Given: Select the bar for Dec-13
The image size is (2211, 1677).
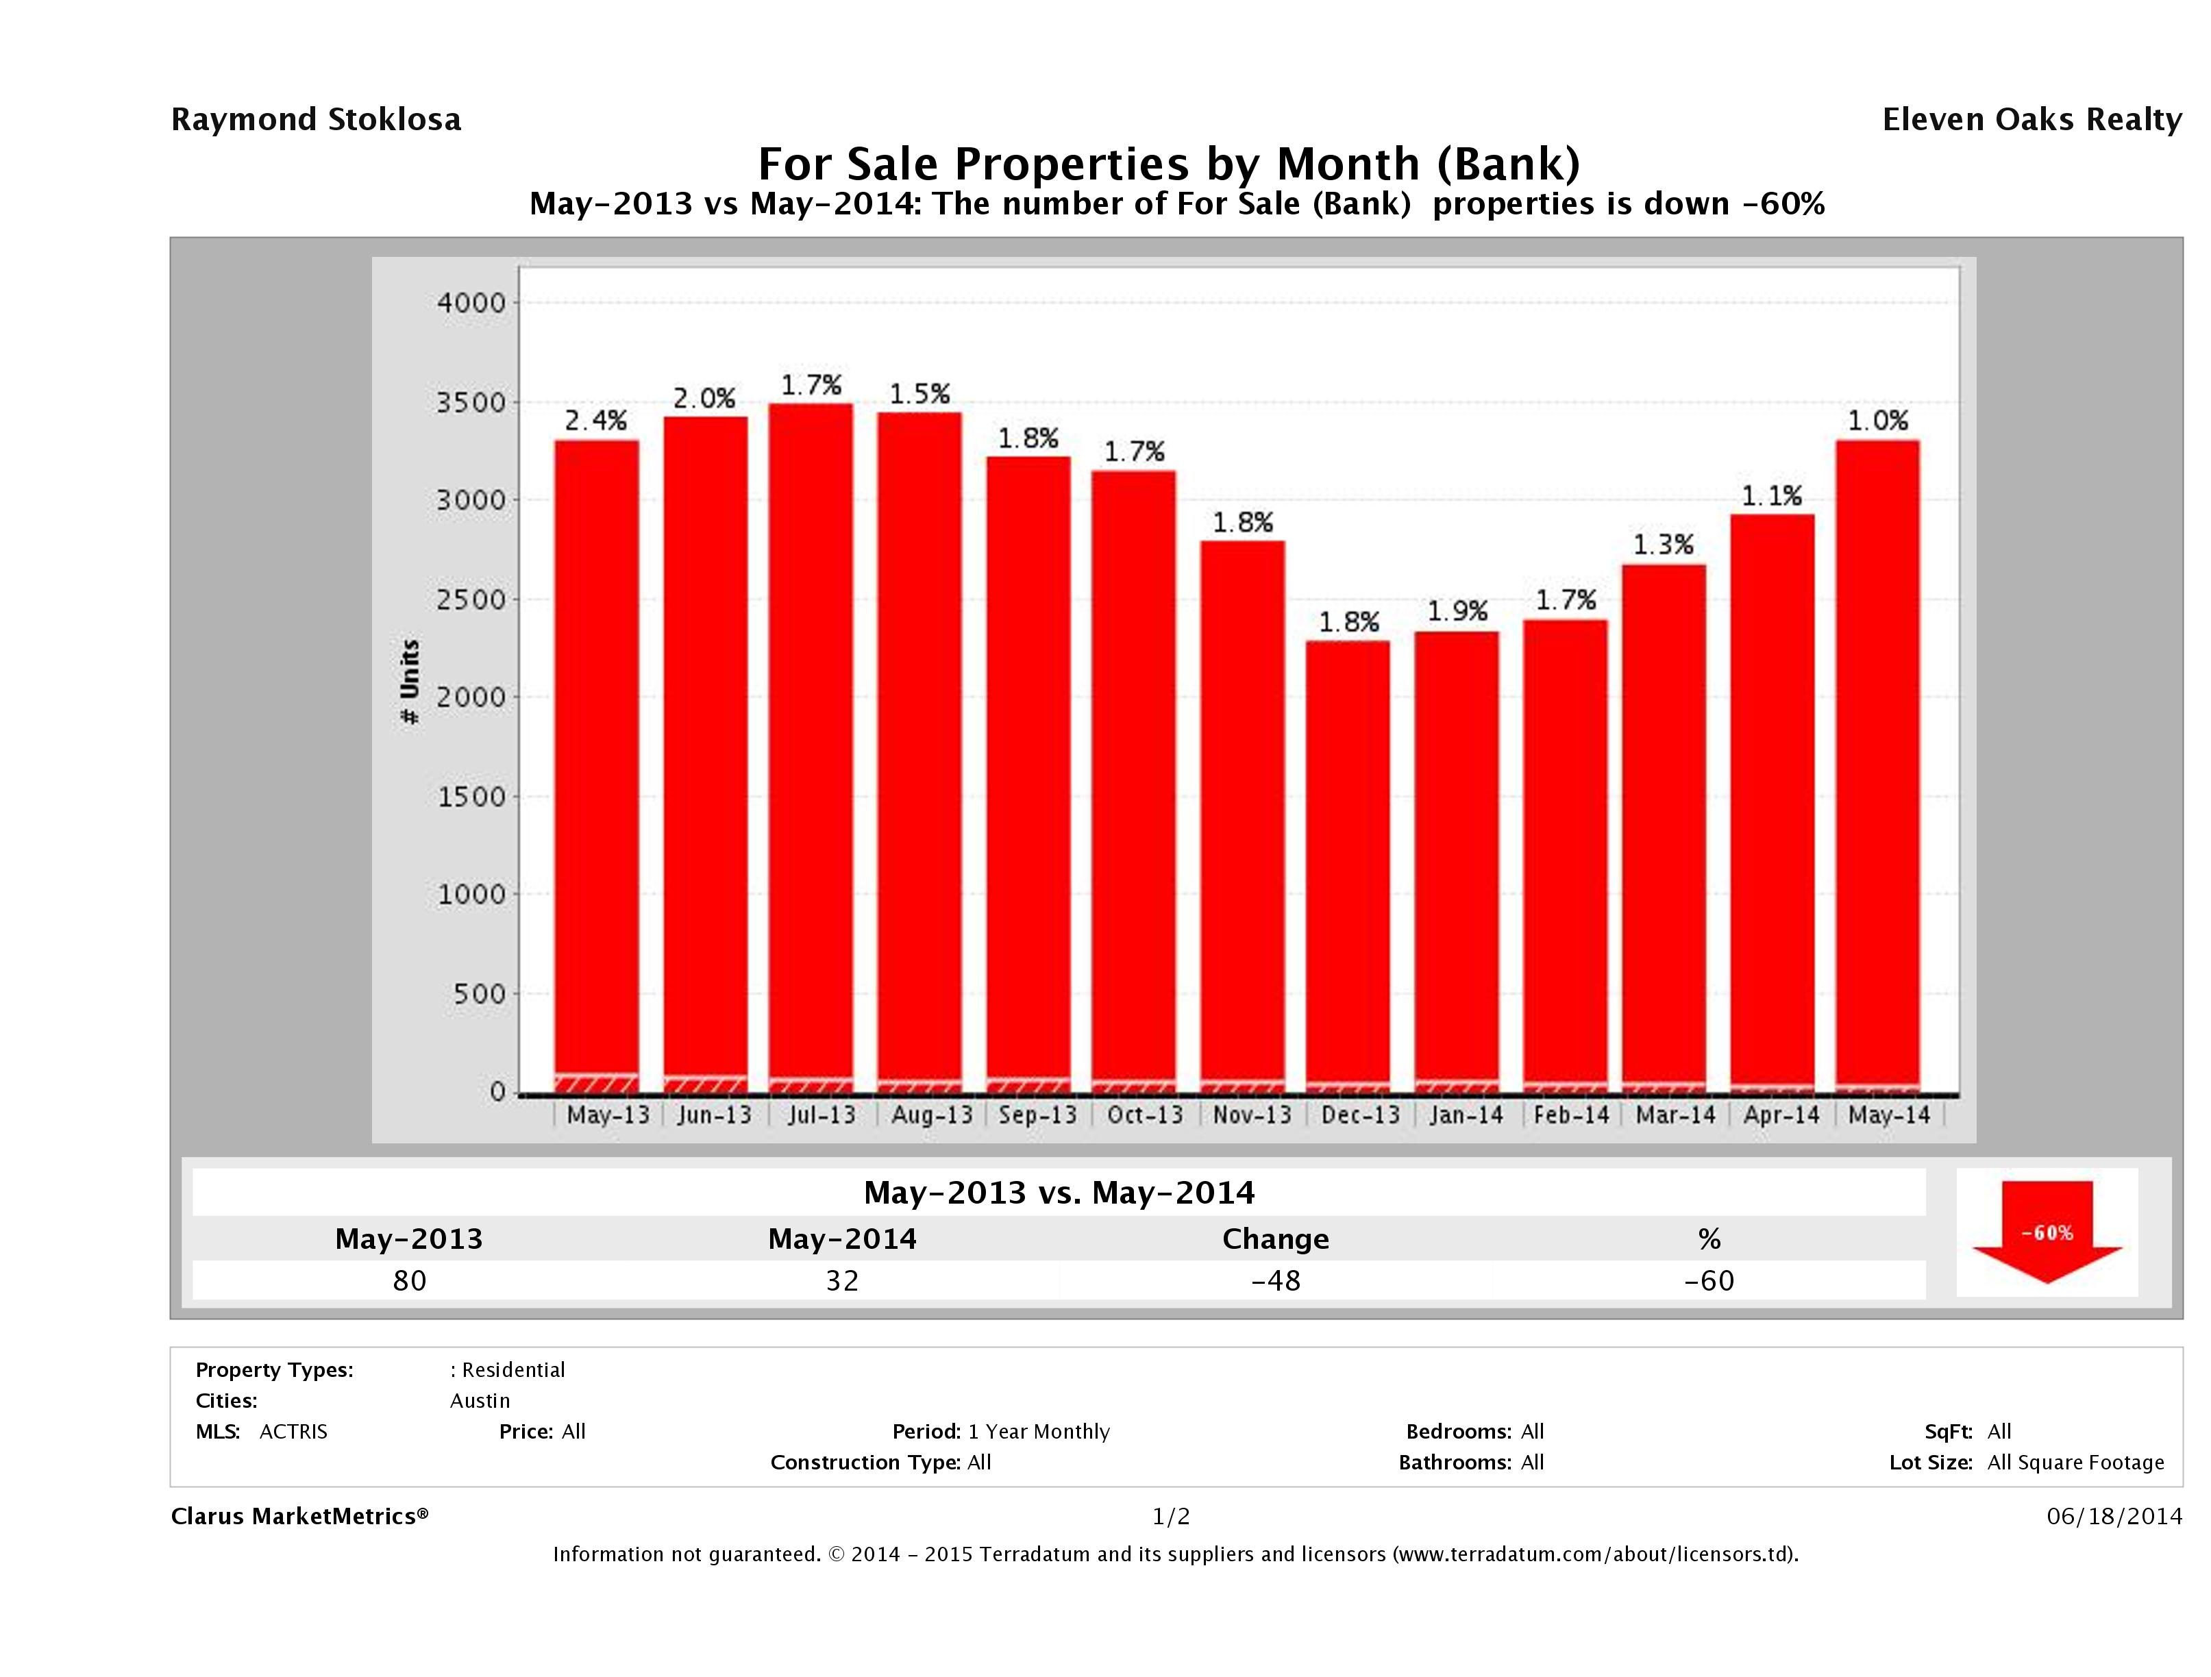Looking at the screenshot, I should coord(1348,865).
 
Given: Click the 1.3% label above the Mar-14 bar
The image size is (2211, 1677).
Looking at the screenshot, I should coord(1664,545).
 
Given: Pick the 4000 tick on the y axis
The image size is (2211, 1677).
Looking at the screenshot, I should coord(472,303).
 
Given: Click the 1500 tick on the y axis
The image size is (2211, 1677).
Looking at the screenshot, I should coord(472,797).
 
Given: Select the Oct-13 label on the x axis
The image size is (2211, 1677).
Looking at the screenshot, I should coord(1144,1115).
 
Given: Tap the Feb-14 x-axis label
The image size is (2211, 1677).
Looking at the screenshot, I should coord(1571,1115).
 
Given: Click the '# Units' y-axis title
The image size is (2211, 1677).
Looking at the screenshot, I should coord(410,682).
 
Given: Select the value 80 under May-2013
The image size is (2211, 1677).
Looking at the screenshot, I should coord(410,1280).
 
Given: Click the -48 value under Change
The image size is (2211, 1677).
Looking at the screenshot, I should coord(1276,1280).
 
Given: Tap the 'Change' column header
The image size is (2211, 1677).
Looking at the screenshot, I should coord(1276,1239).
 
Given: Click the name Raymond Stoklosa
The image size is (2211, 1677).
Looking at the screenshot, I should coord(316,120).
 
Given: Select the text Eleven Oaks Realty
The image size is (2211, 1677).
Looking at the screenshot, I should coord(2031,120).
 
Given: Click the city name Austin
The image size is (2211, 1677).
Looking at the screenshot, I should coord(480,1400).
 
